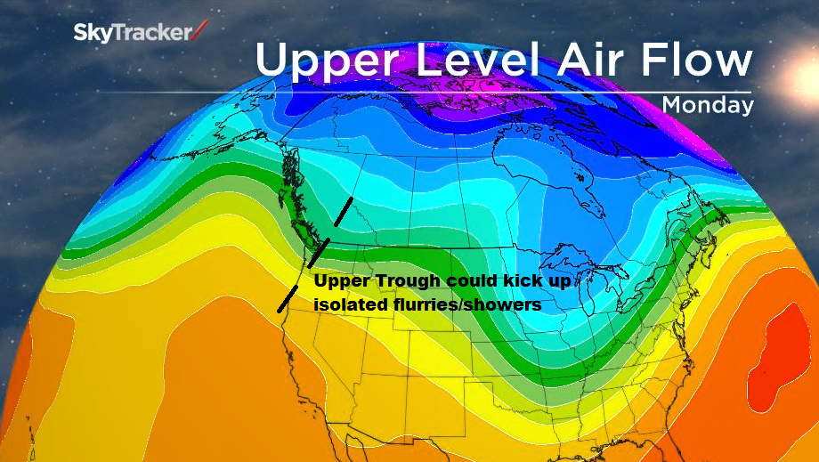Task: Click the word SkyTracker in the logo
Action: pos(131,33)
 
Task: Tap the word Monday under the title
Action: pos(708,105)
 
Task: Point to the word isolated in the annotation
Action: pos(351,304)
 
